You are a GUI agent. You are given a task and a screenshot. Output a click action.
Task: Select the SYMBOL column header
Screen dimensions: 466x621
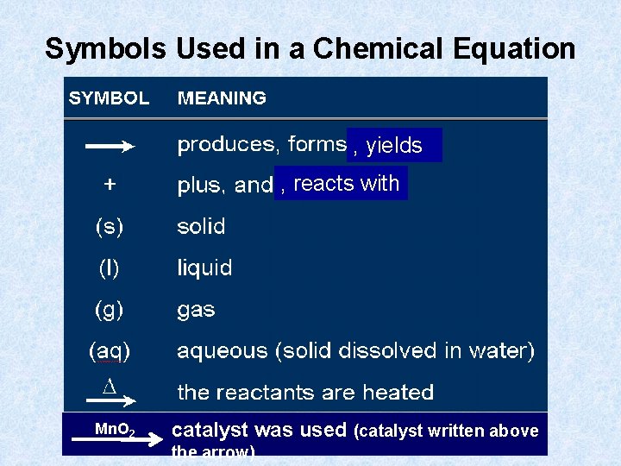click(109, 98)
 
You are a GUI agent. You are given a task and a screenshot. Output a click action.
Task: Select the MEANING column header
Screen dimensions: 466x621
click(222, 98)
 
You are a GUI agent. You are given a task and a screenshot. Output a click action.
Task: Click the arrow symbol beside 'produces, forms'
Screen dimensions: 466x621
click(110, 148)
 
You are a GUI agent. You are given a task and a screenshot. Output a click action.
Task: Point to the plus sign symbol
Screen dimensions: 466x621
click(110, 184)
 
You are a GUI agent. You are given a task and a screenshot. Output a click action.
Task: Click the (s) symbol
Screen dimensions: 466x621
click(109, 227)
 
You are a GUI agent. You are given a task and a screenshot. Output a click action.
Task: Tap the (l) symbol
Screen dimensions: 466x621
click(109, 268)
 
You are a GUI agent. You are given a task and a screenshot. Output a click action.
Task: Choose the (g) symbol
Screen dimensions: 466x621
click(109, 310)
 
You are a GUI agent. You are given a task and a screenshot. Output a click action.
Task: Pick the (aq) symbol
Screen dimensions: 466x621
click(110, 351)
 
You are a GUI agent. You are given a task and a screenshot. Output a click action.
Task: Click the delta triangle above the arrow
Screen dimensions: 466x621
click(109, 387)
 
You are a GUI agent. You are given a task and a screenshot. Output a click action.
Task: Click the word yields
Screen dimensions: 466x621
click(394, 146)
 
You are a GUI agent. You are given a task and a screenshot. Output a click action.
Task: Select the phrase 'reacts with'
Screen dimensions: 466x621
click(346, 183)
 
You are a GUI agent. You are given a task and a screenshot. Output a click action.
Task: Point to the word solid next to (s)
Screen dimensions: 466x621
click(201, 227)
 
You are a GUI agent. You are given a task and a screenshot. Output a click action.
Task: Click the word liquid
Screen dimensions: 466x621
click(204, 268)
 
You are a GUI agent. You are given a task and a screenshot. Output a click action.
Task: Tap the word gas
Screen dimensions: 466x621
click(196, 311)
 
